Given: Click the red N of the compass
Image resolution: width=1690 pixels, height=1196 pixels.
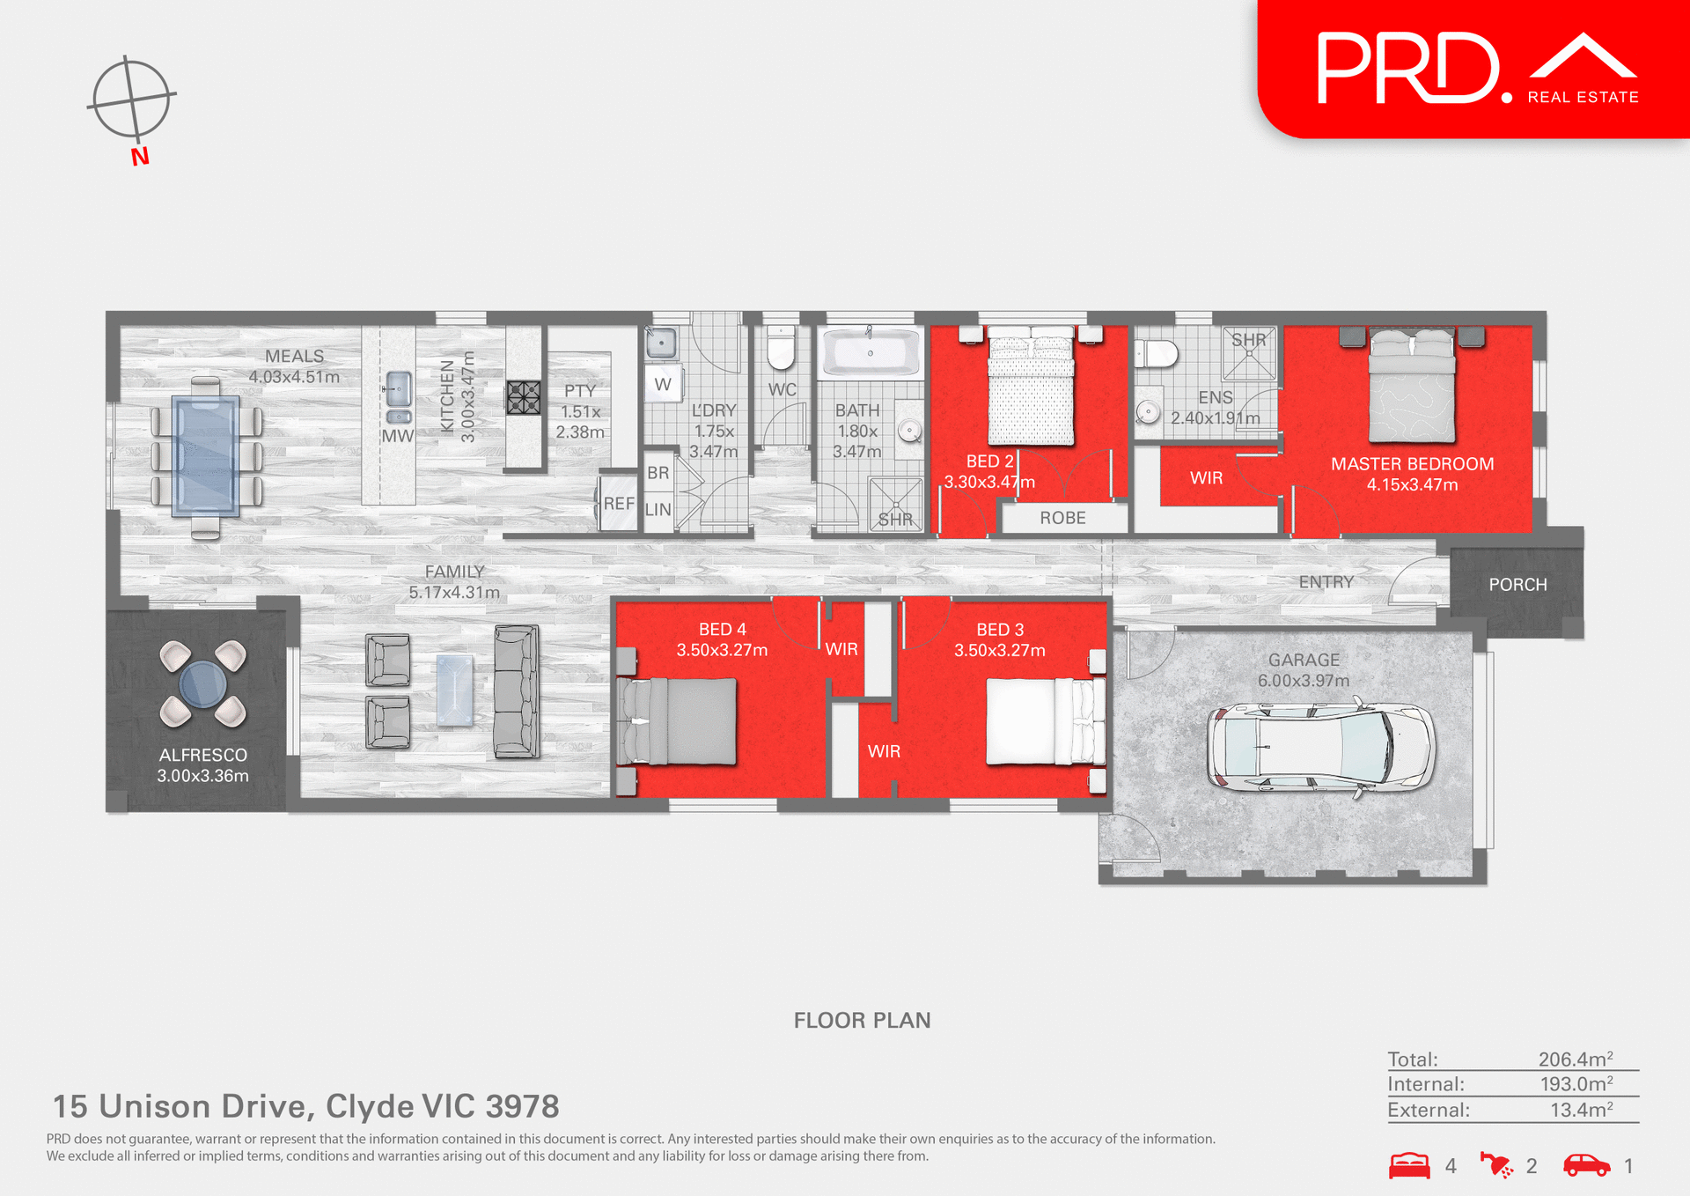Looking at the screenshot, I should coord(140,157).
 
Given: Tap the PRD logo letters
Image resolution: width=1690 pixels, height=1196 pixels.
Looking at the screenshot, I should coord(1408,69).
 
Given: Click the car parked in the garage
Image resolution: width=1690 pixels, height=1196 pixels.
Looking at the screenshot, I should coord(1320,746).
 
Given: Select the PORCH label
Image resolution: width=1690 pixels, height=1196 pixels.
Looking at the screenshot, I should coord(1517,585).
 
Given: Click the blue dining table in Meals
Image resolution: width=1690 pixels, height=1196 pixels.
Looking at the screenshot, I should coord(206,455).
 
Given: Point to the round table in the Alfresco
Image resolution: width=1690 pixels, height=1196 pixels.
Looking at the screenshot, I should coord(202,683).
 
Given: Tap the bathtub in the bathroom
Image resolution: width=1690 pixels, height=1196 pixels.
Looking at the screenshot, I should coord(870,353).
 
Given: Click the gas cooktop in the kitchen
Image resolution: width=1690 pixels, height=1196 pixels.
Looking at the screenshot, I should coord(523,397).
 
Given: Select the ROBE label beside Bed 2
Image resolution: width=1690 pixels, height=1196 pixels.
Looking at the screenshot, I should coord(1062,518).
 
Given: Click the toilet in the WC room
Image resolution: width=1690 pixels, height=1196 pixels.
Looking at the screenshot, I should coord(781,348).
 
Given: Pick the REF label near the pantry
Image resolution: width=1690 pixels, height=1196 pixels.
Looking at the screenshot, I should coord(619,504).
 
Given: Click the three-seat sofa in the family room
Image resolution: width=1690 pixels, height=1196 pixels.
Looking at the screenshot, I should coord(517,691).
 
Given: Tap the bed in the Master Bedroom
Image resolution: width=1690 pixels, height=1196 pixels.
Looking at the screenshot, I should coord(1411,386).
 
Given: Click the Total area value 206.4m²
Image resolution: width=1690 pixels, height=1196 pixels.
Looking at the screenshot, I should coord(1575,1059).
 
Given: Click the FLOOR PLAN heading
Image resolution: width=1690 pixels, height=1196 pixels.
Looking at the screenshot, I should coord(862,1020).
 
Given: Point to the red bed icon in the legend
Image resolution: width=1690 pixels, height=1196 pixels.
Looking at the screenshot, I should coord(1409,1165).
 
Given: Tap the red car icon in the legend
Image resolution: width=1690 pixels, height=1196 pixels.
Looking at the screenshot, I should coord(1586,1165).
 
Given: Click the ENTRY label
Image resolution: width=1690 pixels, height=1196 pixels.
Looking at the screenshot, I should coord(1326,582).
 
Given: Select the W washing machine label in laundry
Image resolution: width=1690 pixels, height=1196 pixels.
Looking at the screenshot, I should coord(663,385).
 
